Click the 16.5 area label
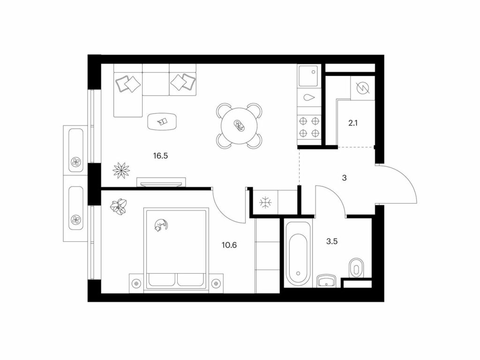pyautogui.click(x=161, y=156)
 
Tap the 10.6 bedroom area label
pyautogui.click(x=229, y=245)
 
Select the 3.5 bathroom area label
pyautogui.click(x=332, y=241)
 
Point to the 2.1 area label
pyautogui.click(x=353, y=123)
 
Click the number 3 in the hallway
pyautogui.click(x=344, y=178)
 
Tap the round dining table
pyautogui.click(x=240, y=126)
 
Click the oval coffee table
pyautogui.click(x=162, y=122)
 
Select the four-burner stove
pyautogui.click(x=309, y=127)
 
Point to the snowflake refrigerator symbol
pyautogui.click(x=264, y=202)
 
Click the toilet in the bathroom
pyautogui.click(x=356, y=269)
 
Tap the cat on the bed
pyautogui.click(x=161, y=225)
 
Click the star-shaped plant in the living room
pyautogui.click(x=121, y=169)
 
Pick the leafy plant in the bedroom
pyautogui.click(x=119, y=206)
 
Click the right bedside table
pyautogui.click(x=216, y=283)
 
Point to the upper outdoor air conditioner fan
pyautogui.click(x=75, y=162)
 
